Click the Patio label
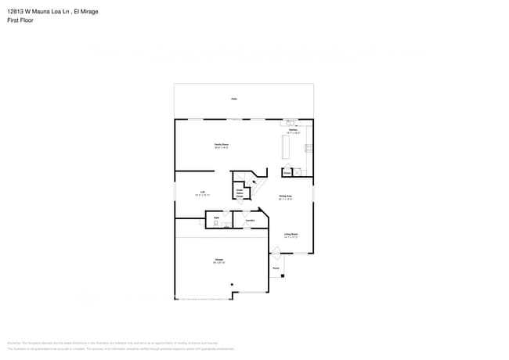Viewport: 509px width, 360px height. click(233, 99)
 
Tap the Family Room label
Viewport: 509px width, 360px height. click(222, 146)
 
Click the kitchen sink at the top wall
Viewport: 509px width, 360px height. click(291, 122)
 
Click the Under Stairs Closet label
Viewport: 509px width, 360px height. click(240, 193)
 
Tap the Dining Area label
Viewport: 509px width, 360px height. click(285, 197)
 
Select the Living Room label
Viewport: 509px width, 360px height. click(291, 235)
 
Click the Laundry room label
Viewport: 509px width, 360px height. click(250, 220)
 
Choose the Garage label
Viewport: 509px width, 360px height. click(219, 261)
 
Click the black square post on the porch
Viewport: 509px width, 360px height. click(283, 275)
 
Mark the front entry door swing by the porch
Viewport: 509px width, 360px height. click(275, 250)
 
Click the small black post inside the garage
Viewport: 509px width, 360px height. click(231, 284)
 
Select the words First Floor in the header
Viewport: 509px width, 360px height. click(20, 20)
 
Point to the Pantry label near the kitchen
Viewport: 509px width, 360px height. click(287, 171)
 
